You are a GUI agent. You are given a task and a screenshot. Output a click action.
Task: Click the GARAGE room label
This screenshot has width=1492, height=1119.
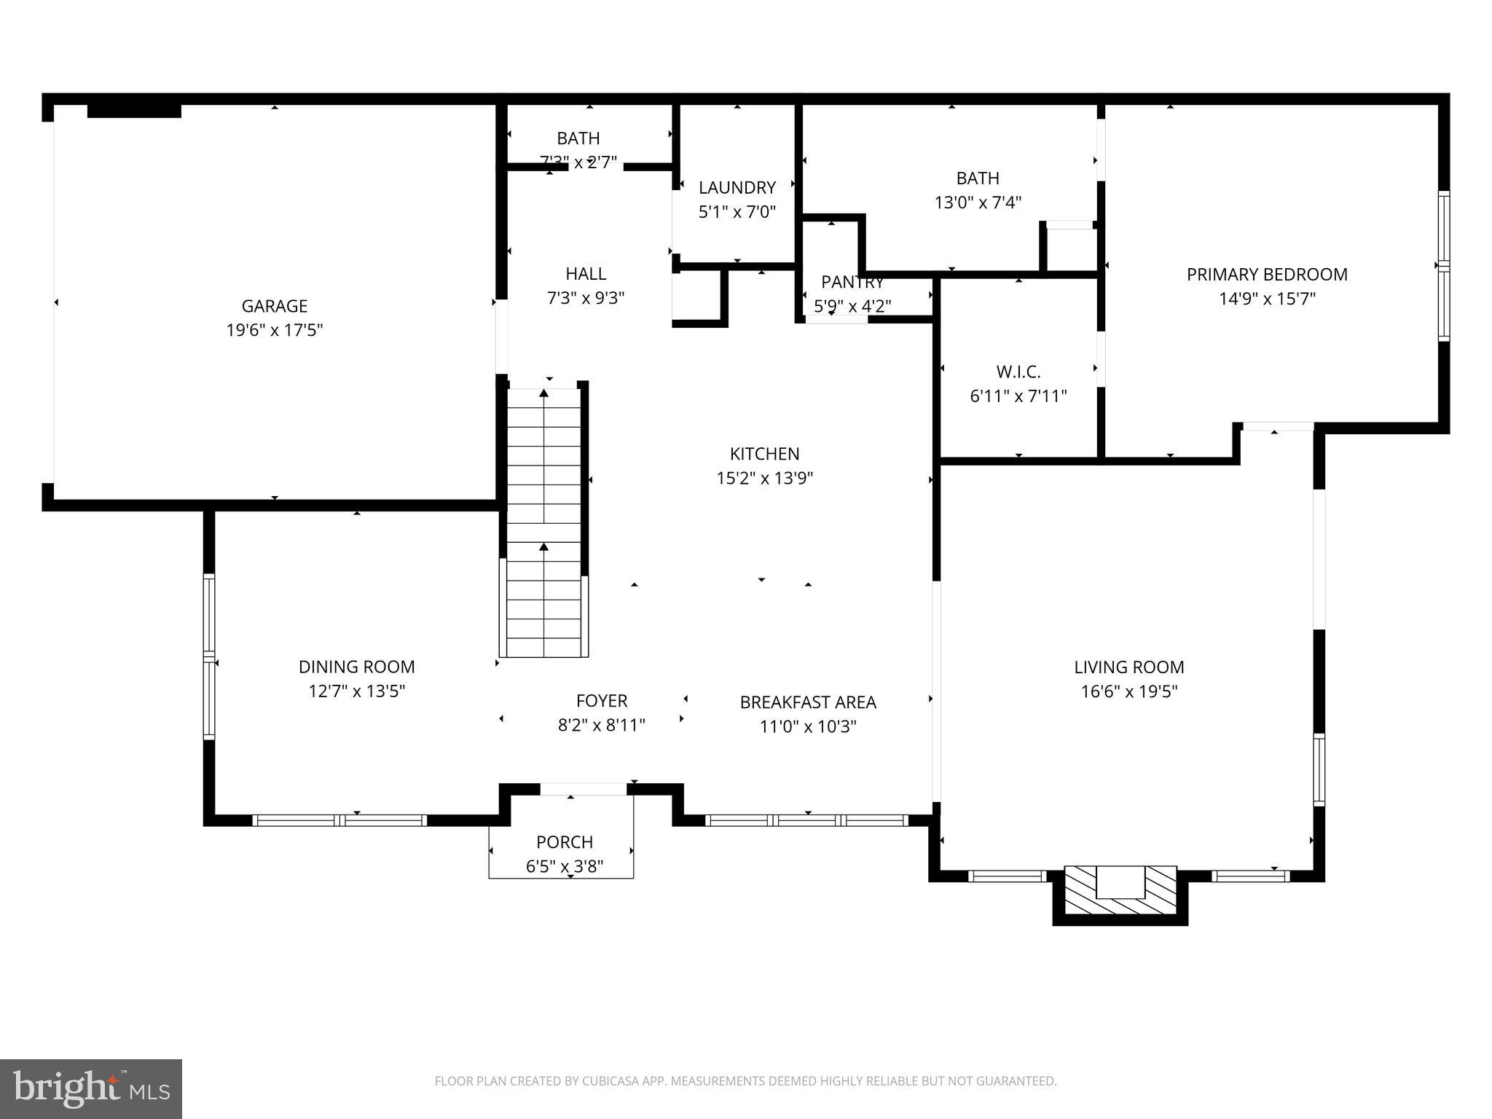(x=275, y=306)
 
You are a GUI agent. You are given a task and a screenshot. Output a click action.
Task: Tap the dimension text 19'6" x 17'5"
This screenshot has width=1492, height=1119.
(x=275, y=331)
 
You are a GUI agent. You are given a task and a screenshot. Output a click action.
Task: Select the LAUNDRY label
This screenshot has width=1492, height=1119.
(x=737, y=188)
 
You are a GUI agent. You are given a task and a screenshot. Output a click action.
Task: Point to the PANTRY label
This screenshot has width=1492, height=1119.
(x=852, y=282)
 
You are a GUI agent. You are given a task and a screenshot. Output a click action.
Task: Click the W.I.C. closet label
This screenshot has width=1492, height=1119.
(x=1018, y=372)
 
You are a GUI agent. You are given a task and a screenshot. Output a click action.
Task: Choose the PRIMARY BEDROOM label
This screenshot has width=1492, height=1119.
(x=1267, y=275)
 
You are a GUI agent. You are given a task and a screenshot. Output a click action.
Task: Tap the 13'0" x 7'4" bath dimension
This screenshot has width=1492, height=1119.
(x=978, y=203)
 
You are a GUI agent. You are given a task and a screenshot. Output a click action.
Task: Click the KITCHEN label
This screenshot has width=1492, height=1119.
(x=764, y=454)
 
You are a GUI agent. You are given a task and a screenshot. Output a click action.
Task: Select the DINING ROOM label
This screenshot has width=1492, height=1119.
(x=356, y=667)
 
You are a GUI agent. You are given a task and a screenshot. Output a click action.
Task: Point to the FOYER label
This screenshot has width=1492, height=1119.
(x=602, y=701)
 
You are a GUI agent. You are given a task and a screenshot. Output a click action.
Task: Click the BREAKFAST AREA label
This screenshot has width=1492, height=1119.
(x=808, y=702)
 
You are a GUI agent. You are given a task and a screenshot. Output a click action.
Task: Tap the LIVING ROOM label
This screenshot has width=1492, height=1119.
(x=1128, y=667)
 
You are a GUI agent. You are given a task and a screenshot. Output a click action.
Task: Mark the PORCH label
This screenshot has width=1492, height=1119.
(x=565, y=842)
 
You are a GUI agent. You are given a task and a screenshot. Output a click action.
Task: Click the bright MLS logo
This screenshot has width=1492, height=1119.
(x=91, y=1089)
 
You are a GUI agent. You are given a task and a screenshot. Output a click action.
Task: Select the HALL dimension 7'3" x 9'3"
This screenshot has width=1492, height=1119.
(x=586, y=298)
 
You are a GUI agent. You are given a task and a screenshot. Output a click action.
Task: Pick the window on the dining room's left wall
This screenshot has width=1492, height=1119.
(x=209, y=656)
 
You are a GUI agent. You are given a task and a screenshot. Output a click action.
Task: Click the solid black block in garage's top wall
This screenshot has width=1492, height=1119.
(x=134, y=111)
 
